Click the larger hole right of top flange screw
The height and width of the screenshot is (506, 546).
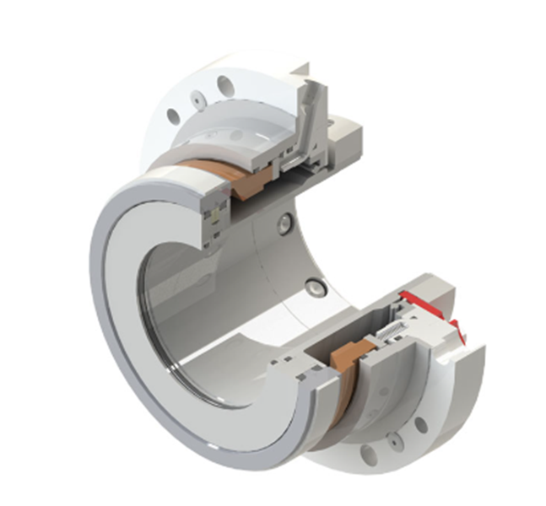click(224, 85)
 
